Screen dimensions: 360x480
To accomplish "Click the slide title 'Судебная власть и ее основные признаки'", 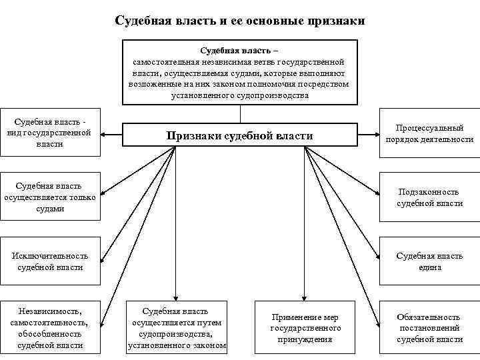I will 240,21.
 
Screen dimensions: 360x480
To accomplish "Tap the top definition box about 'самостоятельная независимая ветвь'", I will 239,72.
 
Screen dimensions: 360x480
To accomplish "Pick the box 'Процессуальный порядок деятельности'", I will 429,133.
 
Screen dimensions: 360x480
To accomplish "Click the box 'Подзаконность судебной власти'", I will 429,197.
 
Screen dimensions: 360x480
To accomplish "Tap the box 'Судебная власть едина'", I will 429,261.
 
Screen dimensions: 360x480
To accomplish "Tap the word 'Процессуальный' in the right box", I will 429,127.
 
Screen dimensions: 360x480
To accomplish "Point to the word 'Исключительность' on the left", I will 51,256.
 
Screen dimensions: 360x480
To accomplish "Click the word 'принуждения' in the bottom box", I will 305,339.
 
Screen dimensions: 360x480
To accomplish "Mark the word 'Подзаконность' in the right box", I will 429,191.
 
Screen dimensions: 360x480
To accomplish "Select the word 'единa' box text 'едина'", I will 429,267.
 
